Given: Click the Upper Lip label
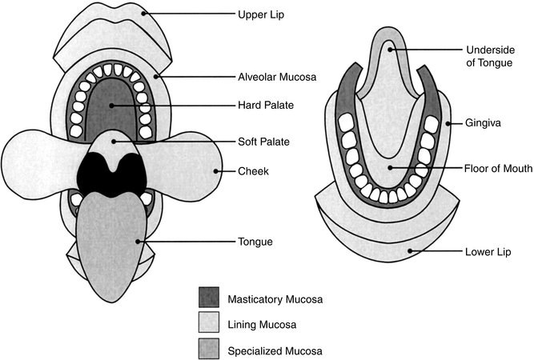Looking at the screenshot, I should (x=261, y=14).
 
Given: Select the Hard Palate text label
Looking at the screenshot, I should (x=263, y=106).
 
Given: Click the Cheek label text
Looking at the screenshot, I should (x=252, y=170).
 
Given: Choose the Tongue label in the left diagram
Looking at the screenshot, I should (x=255, y=241).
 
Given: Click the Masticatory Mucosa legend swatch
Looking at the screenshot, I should (x=210, y=298).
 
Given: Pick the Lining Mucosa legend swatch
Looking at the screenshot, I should (x=210, y=323).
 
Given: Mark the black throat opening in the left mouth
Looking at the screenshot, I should (x=113, y=173).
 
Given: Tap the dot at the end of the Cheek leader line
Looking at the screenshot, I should (x=219, y=170).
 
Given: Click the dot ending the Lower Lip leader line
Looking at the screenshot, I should (x=410, y=251).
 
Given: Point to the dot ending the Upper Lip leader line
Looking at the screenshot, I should (x=144, y=14).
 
